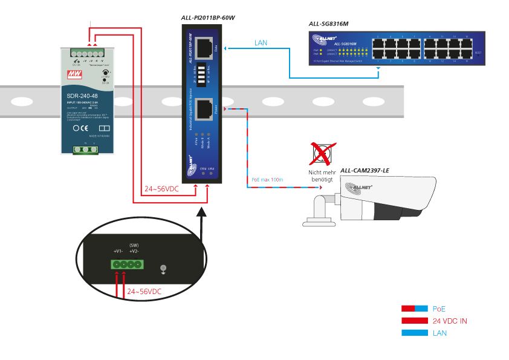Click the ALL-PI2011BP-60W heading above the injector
(x=207, y=18)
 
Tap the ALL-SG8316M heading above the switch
(x=328, y=24)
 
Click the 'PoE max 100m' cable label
(x=267, y=180)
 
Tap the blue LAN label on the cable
(x=261, y=43)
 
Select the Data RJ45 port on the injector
(x=205, y=48)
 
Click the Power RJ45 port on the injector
(x=205, y=108)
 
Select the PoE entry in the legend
(x=439, y=309)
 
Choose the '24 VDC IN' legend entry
(x=449, y=321)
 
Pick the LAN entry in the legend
(x=440, y=333)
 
